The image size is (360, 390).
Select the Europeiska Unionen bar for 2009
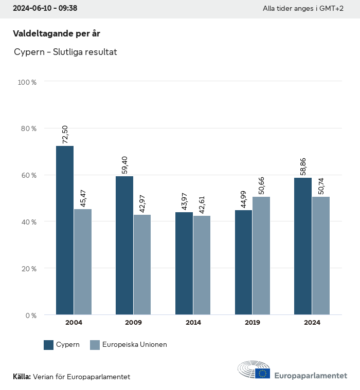click(x=142, y=265)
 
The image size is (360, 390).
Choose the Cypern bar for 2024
click(x=303, y=246)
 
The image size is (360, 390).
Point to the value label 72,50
click(x=65, y=134)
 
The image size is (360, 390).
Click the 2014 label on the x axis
click(x=193, y=323)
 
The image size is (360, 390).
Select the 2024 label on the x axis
click(x=312, y=323)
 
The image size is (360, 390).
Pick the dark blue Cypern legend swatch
click(x=49, y=345)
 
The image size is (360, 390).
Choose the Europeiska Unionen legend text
click(x=135, y=345)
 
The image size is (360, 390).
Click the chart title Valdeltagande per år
click(x=56, y=33)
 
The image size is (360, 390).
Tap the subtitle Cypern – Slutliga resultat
click(x=65, y=52)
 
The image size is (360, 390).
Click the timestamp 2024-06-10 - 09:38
click(x=45, y=9)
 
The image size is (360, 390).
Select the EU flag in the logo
click(x=263, y=374)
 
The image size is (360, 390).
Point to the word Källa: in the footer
click(x=22, y=377)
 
